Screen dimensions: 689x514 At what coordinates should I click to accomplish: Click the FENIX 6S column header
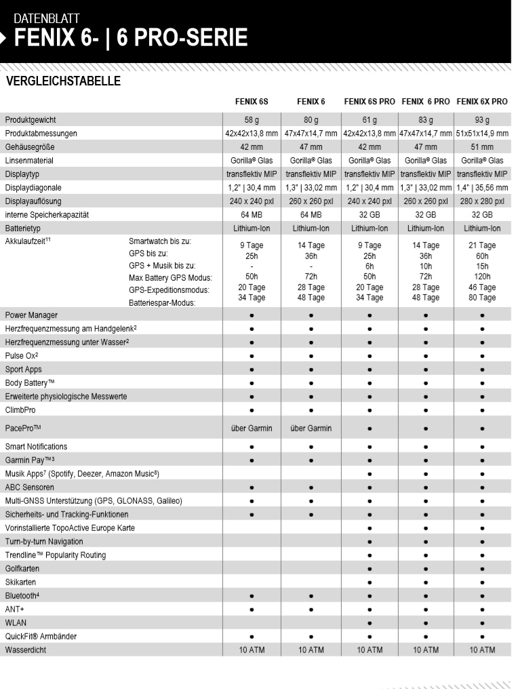252,102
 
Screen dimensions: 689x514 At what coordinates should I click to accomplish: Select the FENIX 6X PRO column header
482,102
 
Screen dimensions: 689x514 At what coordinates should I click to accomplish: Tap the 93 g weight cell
482,120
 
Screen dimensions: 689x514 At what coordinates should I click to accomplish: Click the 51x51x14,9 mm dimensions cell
482,134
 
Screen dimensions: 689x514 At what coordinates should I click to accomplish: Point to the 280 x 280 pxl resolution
482,201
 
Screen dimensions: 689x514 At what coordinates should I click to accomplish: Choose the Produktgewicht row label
31,120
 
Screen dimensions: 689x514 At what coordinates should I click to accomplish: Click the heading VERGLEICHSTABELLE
63,82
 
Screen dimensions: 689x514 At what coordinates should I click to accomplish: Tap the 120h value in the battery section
482,277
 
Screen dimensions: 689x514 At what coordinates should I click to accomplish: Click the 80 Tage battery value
482,298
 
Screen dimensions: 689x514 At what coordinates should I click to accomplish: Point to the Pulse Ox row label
22,356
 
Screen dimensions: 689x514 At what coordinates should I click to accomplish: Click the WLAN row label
16,623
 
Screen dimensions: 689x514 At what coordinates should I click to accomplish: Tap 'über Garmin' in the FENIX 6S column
252,429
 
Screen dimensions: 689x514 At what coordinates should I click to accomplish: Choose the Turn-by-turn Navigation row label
44,541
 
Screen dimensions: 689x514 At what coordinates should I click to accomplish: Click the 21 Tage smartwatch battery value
482,245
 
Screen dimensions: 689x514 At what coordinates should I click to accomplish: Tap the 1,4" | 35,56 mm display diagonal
482,188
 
